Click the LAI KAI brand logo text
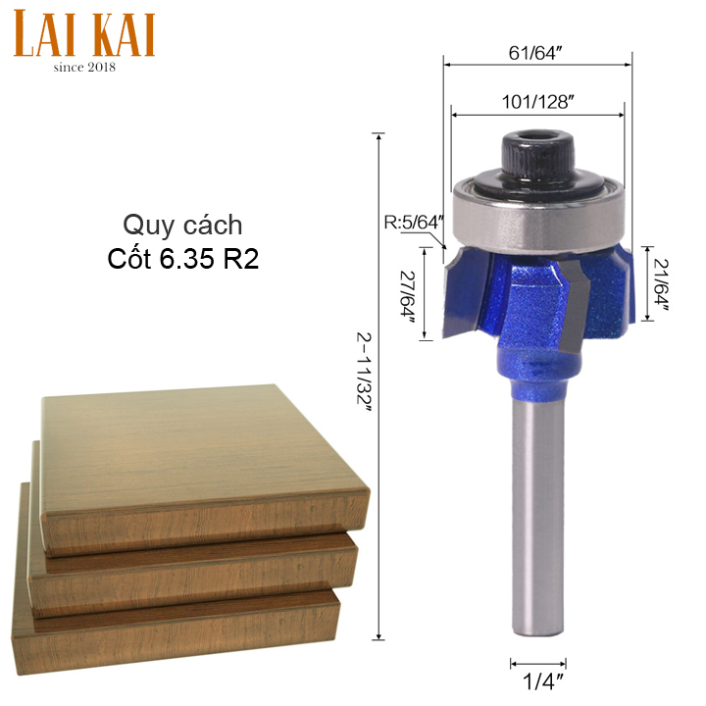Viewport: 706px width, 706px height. [x=84, y=33]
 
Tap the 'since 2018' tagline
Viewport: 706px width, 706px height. [x=84, y=68]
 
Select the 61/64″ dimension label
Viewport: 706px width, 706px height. [x=535, y=53]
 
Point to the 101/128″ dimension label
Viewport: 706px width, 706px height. [x=538, y=102]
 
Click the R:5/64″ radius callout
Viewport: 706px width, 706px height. [x=414, y=223]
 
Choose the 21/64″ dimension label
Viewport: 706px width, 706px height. [x=661, y=284]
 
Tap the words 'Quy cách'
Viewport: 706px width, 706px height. [x=182, y=226]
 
